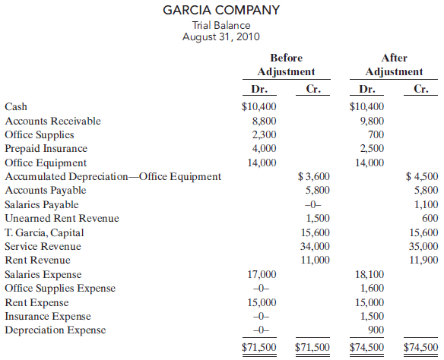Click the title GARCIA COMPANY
coord(221,11)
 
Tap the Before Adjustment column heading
coord(286,65)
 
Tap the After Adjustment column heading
coord(394,65)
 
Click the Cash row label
coord(16,107)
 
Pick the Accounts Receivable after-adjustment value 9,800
coord(371,121)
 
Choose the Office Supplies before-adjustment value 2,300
coord(263,134)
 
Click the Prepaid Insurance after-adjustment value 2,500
coord(371,148)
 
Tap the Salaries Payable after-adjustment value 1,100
coord(426,204)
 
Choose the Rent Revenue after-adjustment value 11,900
coord(423,260)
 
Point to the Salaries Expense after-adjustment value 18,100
coord(369,274)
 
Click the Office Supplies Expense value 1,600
coord(371,288)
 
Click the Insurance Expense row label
coord(47,316)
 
